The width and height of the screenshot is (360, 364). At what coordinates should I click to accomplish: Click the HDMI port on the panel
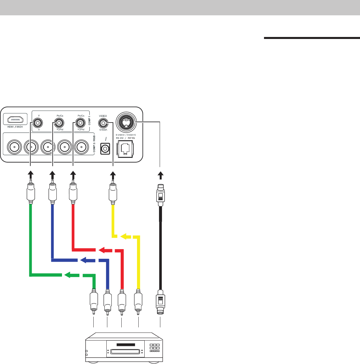tap(17, 119)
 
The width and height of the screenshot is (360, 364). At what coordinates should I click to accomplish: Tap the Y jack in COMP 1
tap(39, 123)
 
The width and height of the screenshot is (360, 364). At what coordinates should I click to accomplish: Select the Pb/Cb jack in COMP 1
tap(59, 123)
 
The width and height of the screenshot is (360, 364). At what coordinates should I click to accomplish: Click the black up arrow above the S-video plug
tap(160, 175)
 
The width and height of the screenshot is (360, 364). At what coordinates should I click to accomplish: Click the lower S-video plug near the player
tap(160, 301)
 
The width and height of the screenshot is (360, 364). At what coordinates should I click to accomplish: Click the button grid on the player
tap(154, 348)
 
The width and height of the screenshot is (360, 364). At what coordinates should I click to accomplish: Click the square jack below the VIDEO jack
tap(105, 148)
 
